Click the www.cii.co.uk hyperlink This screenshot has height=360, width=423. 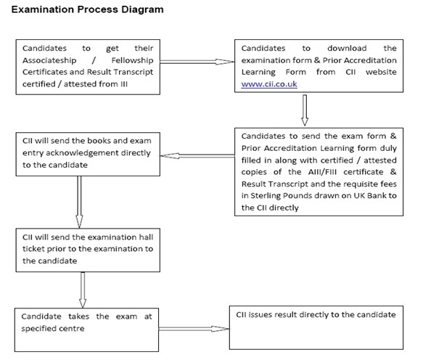click(269, 84)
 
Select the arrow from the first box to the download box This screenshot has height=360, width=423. click(197, 62)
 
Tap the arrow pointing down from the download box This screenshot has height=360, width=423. click(305, 110)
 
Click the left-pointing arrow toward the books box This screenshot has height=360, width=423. click(197, 156)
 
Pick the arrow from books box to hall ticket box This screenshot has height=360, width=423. click(79, 202)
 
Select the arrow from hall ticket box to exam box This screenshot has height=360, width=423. click(83, 290)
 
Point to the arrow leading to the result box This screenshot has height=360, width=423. click(194, 329)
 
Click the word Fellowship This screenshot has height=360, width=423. click(132, 60)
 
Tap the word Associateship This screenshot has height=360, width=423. click(49, 60)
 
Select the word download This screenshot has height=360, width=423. click(347, 49)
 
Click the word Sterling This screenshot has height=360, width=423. click(266, 196)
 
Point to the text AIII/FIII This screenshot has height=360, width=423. click(322, 172)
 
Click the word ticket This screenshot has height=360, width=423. click(33, 249)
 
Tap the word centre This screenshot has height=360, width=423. click(72, 328)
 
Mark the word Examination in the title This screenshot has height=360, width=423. click(42, 9)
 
